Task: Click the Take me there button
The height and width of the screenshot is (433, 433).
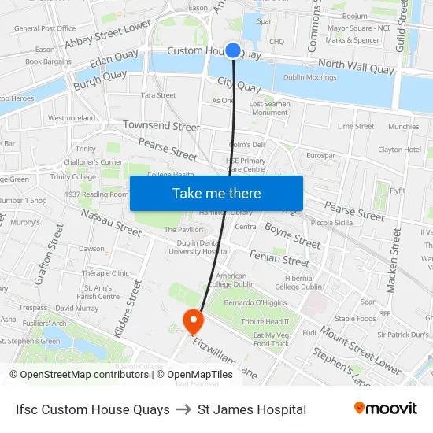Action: (216, 194)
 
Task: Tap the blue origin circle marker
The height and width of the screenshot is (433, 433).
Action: (233, 50)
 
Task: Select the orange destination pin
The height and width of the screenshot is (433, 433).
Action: (192, 321)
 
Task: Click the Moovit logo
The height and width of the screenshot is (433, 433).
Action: (385, 409)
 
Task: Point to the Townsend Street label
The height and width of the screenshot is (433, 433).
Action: (161, 126)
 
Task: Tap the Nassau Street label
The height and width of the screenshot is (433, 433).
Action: (111, 223)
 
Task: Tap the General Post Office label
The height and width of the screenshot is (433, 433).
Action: (45, 28)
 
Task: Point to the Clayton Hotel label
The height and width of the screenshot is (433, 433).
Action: (399, 150)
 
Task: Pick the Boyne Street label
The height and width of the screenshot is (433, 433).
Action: (292, 234)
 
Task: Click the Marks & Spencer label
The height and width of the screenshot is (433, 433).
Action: (353, 40)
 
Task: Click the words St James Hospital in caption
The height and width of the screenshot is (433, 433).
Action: (252, 409)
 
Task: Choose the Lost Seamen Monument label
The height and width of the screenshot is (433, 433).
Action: (269, 108)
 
